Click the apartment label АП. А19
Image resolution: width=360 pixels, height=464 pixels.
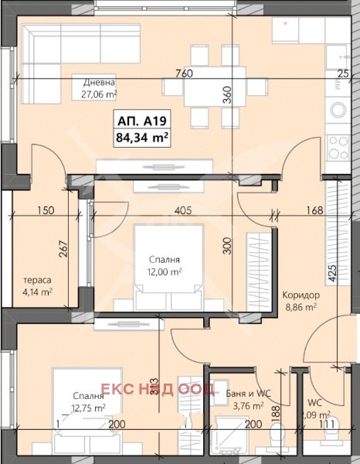(142, 121)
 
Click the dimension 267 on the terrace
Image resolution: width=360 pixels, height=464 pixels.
(66, 251)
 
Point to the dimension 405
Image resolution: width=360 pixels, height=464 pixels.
(183, 210)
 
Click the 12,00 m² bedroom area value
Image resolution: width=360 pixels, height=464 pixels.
(165, 272)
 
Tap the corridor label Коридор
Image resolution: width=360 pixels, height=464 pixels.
(301, 295)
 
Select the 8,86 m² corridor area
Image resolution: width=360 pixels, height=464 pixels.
(301, 307)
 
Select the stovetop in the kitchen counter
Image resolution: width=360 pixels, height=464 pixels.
(338, 145)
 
